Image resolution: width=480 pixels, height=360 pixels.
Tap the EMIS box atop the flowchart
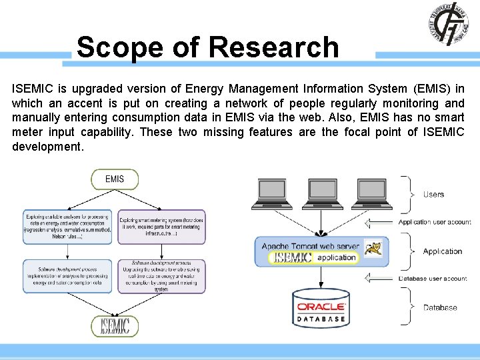115,179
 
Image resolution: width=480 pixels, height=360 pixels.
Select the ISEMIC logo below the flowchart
115,325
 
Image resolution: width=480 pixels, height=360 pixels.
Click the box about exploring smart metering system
161,227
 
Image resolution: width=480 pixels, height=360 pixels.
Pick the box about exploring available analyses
67,227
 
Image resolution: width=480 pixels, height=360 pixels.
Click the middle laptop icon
321,193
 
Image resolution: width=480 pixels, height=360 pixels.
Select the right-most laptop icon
371,193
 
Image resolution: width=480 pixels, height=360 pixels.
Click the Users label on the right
433,195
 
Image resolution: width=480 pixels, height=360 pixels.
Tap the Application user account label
434,222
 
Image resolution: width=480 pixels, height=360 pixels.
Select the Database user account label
433,279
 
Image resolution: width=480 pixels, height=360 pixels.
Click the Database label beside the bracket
440,308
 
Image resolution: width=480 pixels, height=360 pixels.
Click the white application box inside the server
337,258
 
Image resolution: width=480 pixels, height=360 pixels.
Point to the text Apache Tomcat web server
310,246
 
